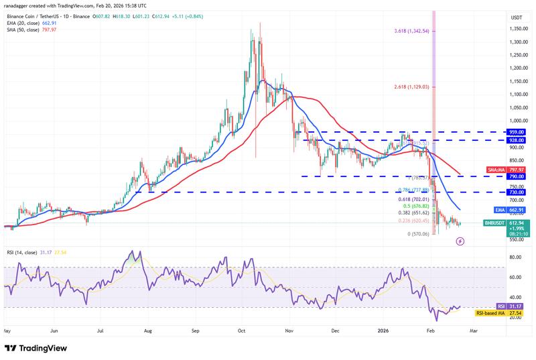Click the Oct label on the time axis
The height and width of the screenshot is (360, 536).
tap(241, 331)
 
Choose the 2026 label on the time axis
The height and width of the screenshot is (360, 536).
tap(384, 331)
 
